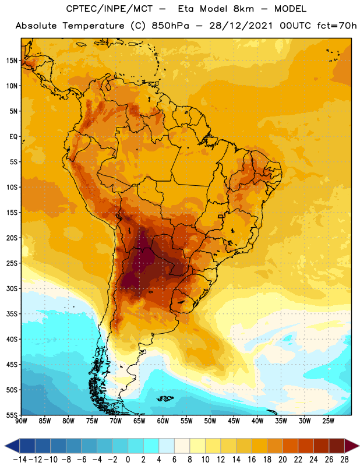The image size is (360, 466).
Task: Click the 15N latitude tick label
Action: coord(12,61)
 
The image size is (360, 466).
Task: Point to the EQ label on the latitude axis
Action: coord(13,137)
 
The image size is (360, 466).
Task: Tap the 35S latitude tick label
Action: coord(12,314)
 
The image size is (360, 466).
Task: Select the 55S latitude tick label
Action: coord(12,415)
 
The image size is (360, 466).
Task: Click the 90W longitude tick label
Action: coord(21,421)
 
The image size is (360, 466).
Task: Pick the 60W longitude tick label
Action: coord(163,421)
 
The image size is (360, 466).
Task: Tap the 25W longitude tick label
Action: coord(328,421)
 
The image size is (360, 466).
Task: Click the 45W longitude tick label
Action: coord(234,421)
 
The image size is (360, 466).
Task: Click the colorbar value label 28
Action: coord(344,460)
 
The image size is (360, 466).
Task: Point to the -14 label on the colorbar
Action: coord(20,460)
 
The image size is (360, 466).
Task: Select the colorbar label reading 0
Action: coord(128,460)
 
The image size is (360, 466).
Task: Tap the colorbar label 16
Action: coord(252,460)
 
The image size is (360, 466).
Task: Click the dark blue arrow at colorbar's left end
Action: coord(12,446)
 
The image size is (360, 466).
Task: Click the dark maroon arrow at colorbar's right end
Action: coord(352,446)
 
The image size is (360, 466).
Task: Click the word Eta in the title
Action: coord(185,9)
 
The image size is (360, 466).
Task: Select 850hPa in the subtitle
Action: coord(170,26)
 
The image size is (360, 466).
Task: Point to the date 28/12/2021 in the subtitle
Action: coord(241,26)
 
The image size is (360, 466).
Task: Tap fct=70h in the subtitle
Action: coord(337,26)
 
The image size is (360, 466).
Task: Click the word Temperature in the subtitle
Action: coord(93,26)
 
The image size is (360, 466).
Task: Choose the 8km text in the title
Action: coord(243,9)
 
